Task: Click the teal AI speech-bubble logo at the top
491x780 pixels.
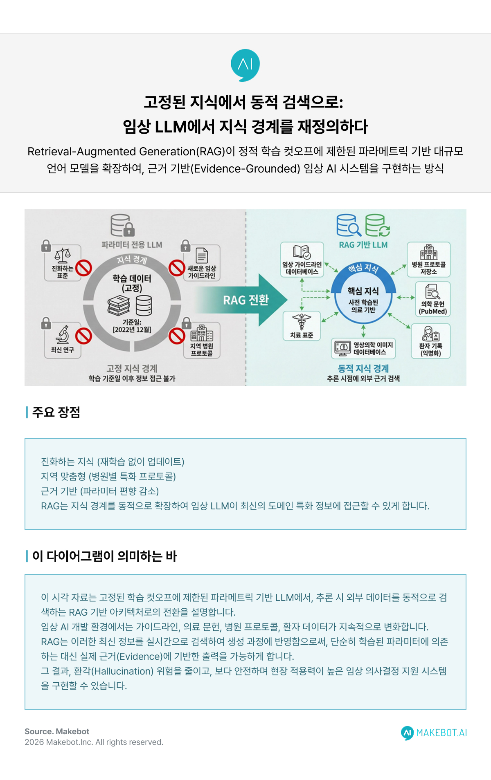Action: point(245,65)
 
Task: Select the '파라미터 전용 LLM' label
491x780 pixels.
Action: point(132,245)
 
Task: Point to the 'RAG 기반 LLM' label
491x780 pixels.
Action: point(363,245)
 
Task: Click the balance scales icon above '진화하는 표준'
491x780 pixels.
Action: point(63,256)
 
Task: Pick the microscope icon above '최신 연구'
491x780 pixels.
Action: point(63,335)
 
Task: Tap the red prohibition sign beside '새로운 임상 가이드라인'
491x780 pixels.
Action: point(177,268)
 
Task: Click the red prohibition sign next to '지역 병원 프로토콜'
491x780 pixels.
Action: point(177,336)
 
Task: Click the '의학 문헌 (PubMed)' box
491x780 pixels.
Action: point(432,299)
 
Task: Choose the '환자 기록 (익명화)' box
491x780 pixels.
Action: point(430,341)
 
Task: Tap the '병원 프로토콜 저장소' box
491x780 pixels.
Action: point(428,260)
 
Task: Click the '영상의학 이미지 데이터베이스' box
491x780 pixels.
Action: point(363,348)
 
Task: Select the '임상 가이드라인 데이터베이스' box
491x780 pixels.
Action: point(302,260)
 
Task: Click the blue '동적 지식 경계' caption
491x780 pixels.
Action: point(363,368)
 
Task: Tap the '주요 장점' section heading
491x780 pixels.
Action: point(56,412)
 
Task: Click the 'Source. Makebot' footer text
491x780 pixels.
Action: point(57,731)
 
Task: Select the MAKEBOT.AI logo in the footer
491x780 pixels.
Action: point(434,733)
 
